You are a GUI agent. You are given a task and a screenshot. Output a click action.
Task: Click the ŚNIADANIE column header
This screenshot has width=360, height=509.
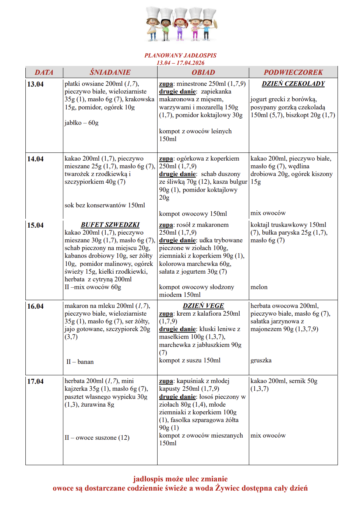(x=110, y=72)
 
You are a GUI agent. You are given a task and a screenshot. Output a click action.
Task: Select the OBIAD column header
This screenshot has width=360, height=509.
(x=203, y=72)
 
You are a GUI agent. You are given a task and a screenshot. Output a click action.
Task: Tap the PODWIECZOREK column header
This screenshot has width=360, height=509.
(x=293, y=72)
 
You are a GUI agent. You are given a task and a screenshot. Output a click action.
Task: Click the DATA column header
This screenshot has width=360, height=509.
(x=44, y=72)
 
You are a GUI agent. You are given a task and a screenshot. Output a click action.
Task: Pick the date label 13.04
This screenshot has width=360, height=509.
(x=35, y=84)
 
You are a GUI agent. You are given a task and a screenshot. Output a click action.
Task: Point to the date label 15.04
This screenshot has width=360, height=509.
(x=35, y=225)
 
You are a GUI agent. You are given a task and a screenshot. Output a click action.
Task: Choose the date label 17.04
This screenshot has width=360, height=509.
(x=35, y=382)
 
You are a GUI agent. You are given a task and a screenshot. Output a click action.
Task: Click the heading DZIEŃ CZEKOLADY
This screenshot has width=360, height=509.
(x=293, y=84)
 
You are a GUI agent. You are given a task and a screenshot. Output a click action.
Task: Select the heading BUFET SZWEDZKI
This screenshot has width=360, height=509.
(x=110, y=225)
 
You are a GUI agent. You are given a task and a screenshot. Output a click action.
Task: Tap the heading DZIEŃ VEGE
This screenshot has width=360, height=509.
(x=203, y=306)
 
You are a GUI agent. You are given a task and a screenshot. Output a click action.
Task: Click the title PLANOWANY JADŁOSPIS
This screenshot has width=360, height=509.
(x=180, y=56)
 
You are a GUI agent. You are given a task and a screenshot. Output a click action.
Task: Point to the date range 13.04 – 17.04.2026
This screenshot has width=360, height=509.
(x=180, y=63)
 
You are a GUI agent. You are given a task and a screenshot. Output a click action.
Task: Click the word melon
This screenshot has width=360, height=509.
(x=259, y=287)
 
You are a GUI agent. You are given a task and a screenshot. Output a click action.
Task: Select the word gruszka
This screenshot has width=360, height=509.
(x=261, y=361)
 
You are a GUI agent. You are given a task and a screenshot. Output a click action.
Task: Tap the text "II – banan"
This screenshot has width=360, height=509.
(x=80, y=362)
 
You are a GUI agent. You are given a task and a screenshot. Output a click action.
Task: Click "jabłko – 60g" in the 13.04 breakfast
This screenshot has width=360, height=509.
(x=82, y=123)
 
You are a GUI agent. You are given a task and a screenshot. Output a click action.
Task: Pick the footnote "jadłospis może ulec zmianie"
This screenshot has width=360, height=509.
(x=180, y=479)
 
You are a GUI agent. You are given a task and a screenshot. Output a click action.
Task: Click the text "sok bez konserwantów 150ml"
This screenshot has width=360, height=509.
(x=105, y=206)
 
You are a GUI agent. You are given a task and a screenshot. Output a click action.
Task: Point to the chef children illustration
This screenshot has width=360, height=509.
(x=181, y=24)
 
